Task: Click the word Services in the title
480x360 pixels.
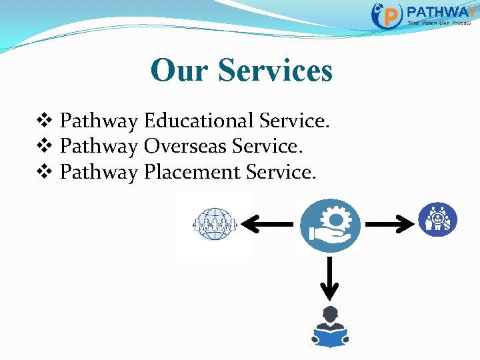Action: (275, 70)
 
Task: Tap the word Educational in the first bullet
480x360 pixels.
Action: (198, 121)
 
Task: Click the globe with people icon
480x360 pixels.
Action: (214, 225)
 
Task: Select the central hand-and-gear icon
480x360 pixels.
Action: (329, 225)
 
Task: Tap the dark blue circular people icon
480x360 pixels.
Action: (437, 219)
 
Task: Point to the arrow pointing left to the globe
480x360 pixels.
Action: (267, 225)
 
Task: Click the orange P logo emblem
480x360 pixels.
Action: (387, 15)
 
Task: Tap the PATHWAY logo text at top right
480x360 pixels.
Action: (440, 11)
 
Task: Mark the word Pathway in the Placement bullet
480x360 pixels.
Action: (99, 172)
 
